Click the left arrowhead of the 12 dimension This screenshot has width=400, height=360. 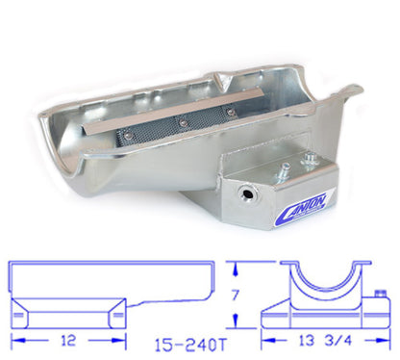click(14, 339)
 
